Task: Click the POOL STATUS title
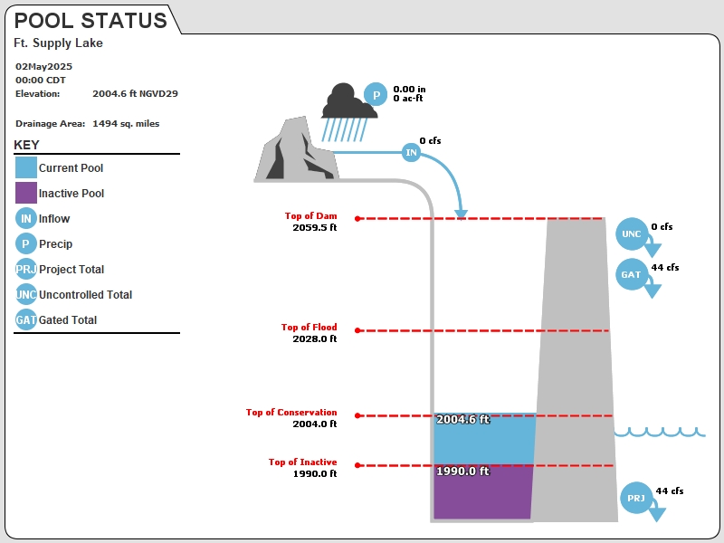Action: click(x=90, y=21)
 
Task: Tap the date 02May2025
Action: click(x=43, y=66)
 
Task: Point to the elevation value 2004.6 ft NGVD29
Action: click(x=135, y=93)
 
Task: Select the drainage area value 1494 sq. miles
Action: click(x=126, y=123)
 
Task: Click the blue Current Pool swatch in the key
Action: click(x=26, y=167)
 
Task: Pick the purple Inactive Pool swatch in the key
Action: click(x=26, y=193)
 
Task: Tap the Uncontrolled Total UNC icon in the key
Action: click(x=26, y=294)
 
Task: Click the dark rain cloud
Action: click(x=348, y=101)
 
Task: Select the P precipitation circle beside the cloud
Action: click(x=376, y=95)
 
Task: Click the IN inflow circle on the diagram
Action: click(x=411, y=152)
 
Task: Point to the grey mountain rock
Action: click(x=297, y=149)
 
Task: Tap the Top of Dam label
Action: click(x=310, y=215)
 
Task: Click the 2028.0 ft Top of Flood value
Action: click(x=314, y=338)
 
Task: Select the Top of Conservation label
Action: click(x=291, y=412)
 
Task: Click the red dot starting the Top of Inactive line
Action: click(x=357, y=465)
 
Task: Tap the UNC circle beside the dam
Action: click(x=631, y=233)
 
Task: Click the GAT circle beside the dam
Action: click(x=631, y=274)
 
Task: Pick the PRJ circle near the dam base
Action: click(x=636, y=498)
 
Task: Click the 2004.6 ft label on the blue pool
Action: click(x=462, y=419)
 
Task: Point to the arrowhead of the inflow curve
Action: click(x=461, y=214)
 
